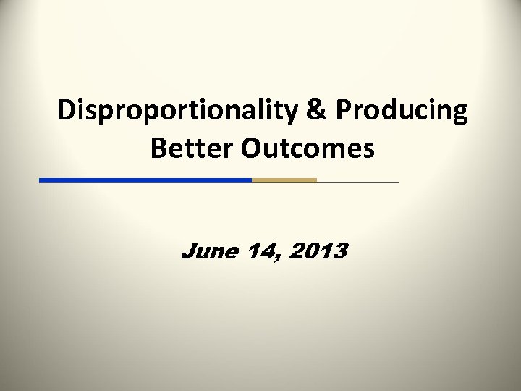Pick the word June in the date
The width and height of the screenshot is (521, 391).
pos(208,251)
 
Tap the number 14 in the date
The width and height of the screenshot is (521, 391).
pos(258,251)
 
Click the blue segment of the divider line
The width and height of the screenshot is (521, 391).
pos(145,180)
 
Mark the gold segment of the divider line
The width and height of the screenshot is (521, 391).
pos(284,180)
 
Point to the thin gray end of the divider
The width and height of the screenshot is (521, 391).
pos(357,181)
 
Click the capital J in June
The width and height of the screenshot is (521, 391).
pos(187,251)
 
